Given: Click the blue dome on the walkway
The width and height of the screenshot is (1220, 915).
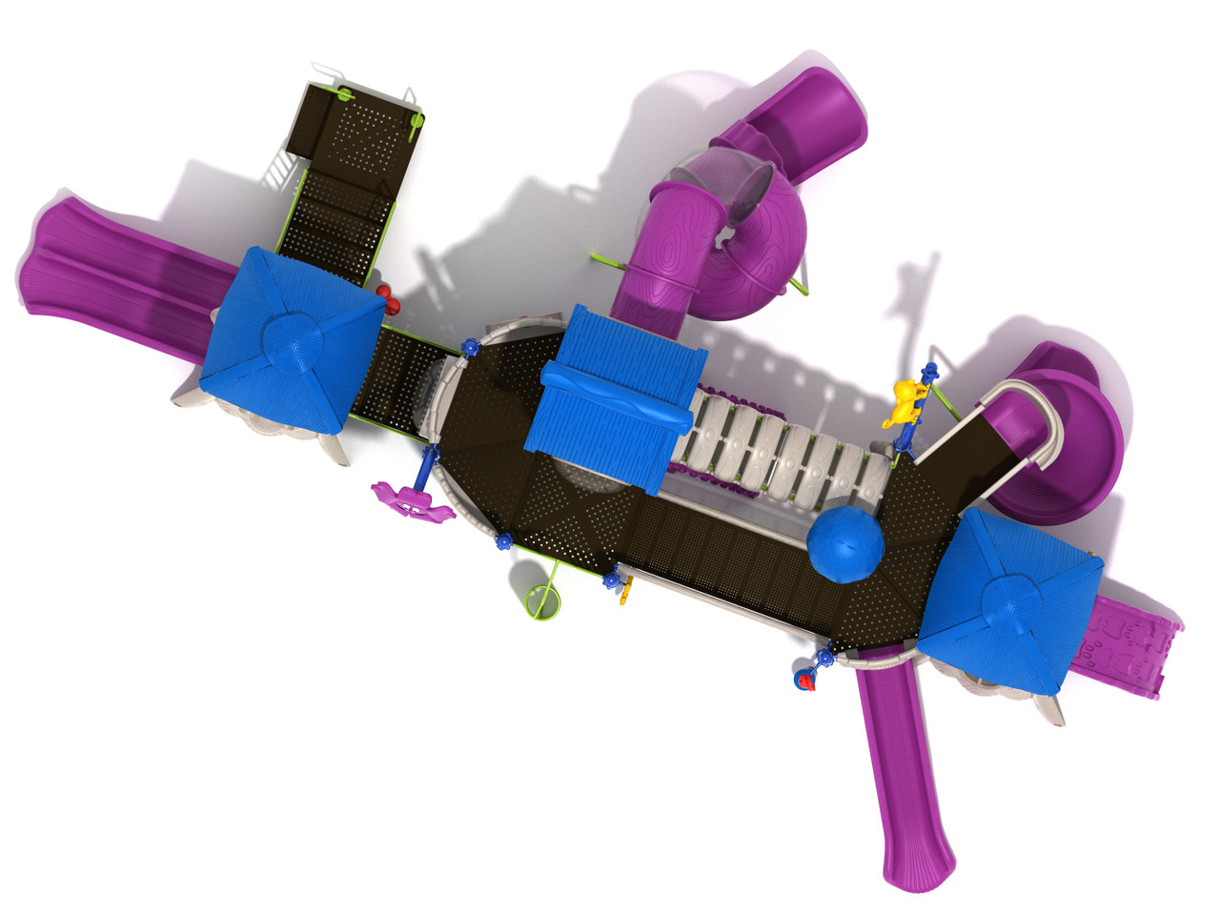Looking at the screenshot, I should click(x=845, y=544).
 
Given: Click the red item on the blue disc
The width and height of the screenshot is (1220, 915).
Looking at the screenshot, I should click(x=806, y=680).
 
